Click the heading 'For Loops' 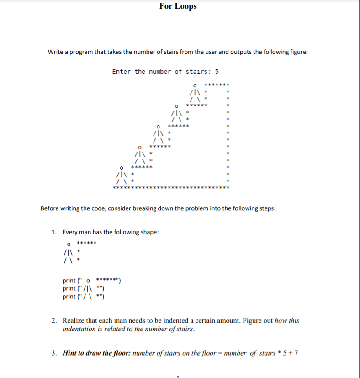(x=178, y=6)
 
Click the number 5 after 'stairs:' (x=217, y=71)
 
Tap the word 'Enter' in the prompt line (x=122, y=71)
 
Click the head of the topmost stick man (x=195, y=85)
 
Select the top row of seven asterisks (x=216, y=85)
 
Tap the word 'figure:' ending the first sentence (x=297, y=52)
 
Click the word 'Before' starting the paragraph (x=50, y=208)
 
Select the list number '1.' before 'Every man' (x=54, y=232)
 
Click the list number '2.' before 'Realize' (x=54, y=320)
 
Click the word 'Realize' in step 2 (x=74, y=320)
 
